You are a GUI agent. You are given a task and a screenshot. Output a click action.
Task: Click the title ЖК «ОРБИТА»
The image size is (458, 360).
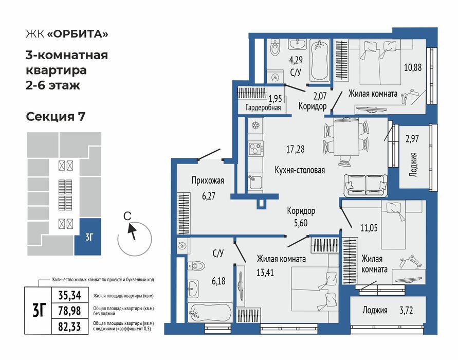click(67, 34)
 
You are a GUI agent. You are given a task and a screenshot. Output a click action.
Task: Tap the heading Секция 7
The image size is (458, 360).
click(56, 117)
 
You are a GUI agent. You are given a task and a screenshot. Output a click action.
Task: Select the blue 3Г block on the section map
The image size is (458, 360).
click(87, 237)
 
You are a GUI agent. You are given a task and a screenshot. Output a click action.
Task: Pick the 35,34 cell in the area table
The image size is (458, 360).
click(69, 295)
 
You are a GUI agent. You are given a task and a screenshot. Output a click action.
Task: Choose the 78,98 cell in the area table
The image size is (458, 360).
click(69, 311)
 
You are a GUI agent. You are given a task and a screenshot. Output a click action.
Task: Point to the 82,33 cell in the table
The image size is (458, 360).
click(69, 326)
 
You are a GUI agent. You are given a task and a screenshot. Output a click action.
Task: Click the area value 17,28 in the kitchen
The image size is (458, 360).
click(295, 149)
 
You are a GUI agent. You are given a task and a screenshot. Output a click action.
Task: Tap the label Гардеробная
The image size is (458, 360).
click(263, 108)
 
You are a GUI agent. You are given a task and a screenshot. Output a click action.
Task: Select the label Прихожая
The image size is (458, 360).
click(208, 181)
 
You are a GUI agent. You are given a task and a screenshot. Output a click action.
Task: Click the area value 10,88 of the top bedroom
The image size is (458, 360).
click(413, 67)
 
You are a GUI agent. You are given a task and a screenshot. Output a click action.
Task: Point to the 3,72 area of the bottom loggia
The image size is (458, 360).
click(406, 310)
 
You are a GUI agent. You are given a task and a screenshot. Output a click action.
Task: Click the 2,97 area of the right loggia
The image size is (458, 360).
click(412, 138)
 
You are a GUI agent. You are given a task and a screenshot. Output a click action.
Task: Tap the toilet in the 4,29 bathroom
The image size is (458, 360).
click(275, 48)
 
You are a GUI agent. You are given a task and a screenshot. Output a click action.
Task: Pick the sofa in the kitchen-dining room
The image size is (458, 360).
click(365, 186)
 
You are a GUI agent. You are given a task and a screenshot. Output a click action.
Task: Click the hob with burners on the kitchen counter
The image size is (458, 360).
click(255, 149)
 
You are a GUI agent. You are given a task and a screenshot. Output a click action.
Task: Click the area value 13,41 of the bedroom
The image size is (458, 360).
click(265, 273)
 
